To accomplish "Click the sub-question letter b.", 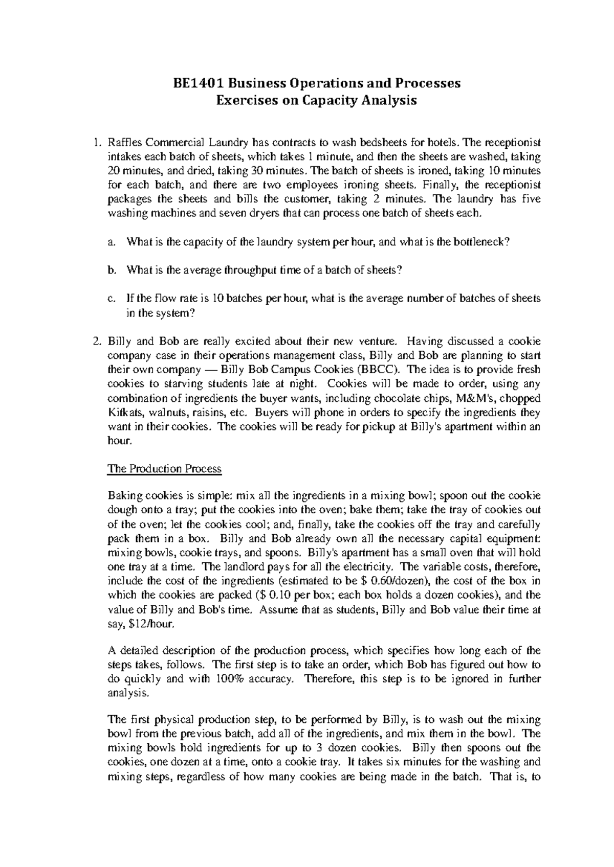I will point(112,270).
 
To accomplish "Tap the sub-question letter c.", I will point(112,299).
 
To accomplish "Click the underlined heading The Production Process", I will point(164,469).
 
